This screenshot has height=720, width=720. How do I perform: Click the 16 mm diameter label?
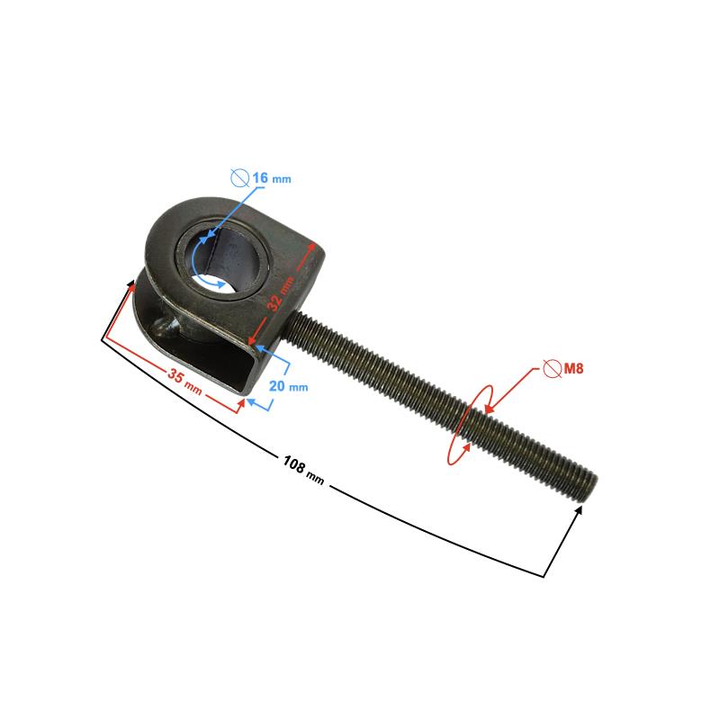point(272,177)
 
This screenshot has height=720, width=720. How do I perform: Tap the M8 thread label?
point(573,368)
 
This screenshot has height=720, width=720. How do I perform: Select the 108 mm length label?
point(303,470)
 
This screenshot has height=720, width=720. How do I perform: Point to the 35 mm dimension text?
point(184,381)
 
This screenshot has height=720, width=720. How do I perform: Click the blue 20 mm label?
point(288,386)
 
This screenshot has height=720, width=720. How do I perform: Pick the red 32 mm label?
point(280,294)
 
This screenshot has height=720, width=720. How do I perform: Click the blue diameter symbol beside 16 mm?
point(239,177)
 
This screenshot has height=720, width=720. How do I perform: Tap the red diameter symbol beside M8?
point(553,368)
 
